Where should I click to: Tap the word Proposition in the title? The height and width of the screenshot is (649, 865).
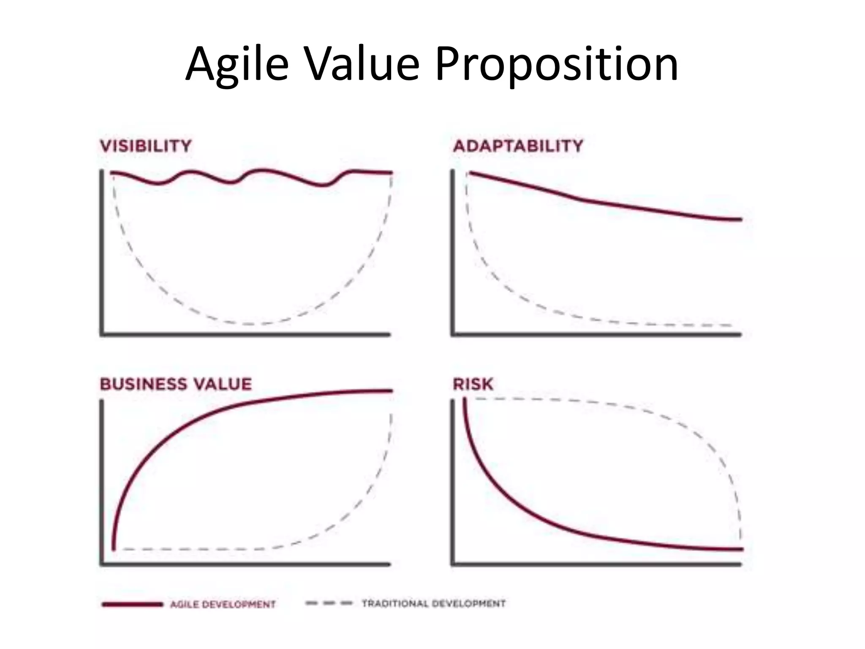click(x=556, y=64)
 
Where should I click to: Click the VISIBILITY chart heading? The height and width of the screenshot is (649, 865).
click(x=146, y=146)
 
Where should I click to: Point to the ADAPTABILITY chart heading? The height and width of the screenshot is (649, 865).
click(x=518, y=146)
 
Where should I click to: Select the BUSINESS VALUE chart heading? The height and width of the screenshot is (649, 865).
click(x=176, y=384)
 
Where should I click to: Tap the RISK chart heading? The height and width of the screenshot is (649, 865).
click(x=473, y=384)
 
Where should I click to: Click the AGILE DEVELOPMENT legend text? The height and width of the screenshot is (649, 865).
click(x=223, y=605)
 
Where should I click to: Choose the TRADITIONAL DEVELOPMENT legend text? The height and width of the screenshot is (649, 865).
click(x=433, y=603)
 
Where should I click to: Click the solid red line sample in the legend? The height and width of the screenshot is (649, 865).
click(x=132, y=605)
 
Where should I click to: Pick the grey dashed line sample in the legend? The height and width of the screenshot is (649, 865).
click(x=329, y=603)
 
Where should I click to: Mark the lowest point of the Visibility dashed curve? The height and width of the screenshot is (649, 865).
click(x=249, y=324)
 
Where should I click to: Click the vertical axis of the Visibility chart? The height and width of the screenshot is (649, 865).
click(x=102, y=254)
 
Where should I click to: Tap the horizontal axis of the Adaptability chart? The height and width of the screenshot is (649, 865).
click(x=596, y=335)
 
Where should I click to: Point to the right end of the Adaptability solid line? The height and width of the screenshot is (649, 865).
click(x=740, y=219)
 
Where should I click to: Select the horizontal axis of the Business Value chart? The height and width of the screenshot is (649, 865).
click(x=245, y=564)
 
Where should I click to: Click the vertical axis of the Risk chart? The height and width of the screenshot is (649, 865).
click(x=453, y=482)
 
